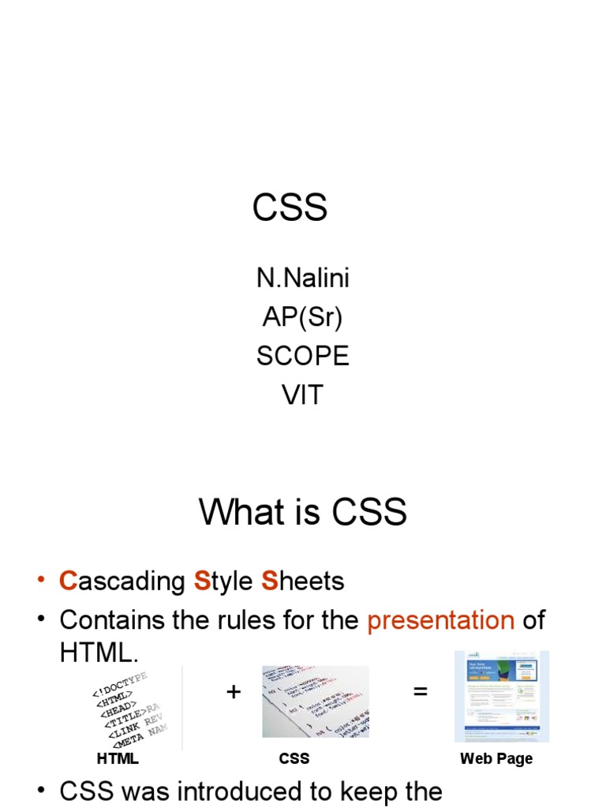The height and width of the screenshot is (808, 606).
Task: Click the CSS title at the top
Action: [290, 208]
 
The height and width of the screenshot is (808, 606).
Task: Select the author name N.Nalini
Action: [302, 279]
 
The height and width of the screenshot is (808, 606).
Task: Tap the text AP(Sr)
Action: [302, 317]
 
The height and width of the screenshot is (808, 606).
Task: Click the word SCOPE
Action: [302, 356]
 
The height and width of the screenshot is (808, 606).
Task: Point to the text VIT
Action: [302, 395]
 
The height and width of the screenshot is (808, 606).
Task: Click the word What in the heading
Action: [238, 513]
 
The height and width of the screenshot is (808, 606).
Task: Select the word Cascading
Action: [122, 582]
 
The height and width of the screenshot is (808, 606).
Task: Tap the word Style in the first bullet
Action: [223, 582]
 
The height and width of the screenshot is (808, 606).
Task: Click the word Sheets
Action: [303, 582]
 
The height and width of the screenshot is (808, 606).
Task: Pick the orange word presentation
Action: [440, 620]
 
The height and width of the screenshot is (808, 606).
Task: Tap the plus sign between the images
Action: [233, 692]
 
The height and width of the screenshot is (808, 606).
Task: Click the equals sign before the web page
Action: [420, 692]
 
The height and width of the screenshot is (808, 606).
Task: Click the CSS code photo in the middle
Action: [316, 701]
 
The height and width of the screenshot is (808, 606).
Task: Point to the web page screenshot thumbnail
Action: [501, 696]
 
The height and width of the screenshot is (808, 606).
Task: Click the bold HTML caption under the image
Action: [118, 759]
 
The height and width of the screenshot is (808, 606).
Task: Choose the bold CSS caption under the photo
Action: [294, 759]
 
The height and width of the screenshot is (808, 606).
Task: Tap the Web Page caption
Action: [496, 759]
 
